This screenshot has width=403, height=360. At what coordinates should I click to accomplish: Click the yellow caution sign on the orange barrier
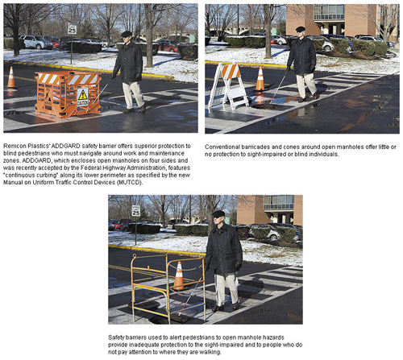click(83, 97)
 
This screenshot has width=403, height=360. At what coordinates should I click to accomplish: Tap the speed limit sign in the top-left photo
click(72, 28)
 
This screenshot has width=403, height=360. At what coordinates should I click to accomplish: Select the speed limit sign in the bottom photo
click(136, 211)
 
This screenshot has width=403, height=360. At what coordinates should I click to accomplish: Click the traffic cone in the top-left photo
click(11, 77)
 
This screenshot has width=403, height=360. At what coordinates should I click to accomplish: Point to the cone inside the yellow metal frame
click(179, 276)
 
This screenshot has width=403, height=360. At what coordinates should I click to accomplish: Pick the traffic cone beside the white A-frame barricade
click(260, 79)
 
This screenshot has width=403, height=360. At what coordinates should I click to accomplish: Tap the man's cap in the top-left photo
click(127, 34)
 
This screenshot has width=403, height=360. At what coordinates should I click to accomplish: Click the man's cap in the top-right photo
click(300, 29)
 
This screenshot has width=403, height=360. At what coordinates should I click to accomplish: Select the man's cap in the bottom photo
click(218, 214)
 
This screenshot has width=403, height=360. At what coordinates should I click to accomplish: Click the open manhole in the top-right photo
click(265, 106)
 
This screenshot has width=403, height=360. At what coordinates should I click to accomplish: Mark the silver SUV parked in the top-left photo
click(36, 42)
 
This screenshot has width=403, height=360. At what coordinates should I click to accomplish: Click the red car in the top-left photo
click(168, 47)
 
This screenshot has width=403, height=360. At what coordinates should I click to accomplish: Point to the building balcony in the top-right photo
click(329, 17)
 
